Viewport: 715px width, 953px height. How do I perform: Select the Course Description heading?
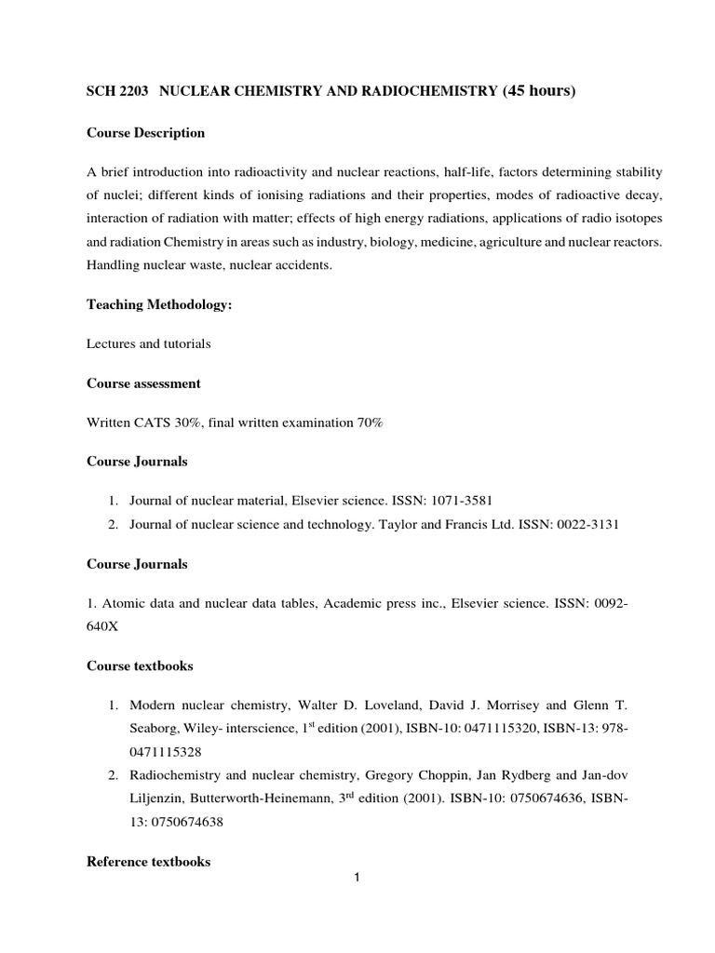coord(145,133)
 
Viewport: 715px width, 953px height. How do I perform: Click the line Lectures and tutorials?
coord(149,344)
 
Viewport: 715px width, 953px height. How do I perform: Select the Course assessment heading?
coord(143,383)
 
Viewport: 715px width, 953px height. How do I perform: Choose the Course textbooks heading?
coord(141,665)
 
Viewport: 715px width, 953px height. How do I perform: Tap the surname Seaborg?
coord(154,726)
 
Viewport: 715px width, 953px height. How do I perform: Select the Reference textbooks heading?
coord(148,862)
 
